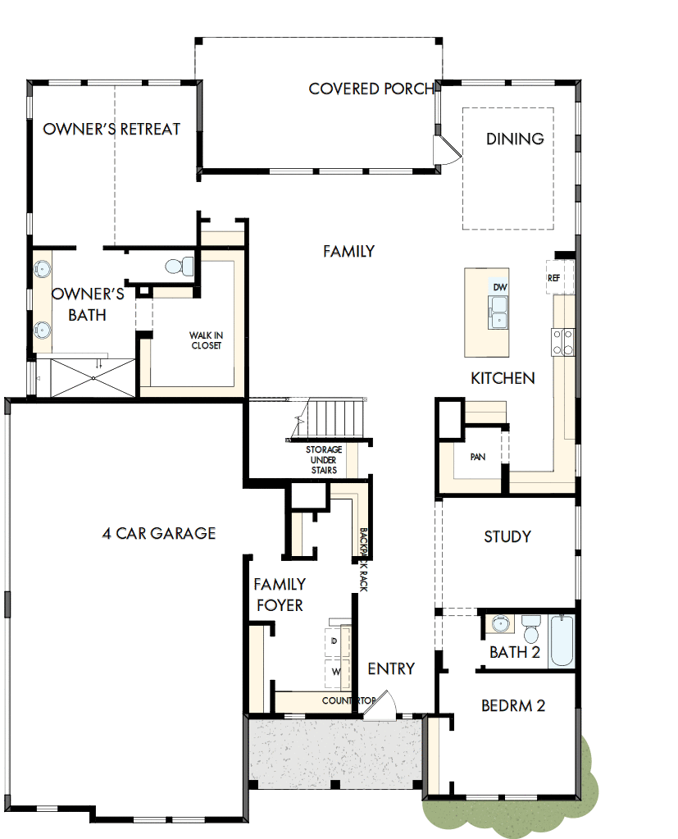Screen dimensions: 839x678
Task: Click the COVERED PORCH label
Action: pyautogui.click(x=371, y=89)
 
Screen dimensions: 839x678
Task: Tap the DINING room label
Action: pyautogui.click(x=515, y=139)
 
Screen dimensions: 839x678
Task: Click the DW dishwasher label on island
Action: pyautogui.click(x=499, y=287)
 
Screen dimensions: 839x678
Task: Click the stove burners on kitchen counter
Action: pyautogui.click(x=563, y=341)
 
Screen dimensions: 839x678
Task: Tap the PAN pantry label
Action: pyautogui.click(x=478, y=456)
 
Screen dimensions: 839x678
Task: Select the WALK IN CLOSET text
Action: pyautogui.click(x=206, y=340)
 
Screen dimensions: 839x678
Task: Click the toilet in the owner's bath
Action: pyautogui.click(x=179, y=265)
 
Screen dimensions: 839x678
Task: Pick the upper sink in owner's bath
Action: pyautogui.click(x=43, y=267)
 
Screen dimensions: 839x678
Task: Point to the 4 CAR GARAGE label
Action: pyautogui.click(x=158, y=534)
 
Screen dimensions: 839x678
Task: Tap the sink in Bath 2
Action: pyautogui.click(x=500, y=625)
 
